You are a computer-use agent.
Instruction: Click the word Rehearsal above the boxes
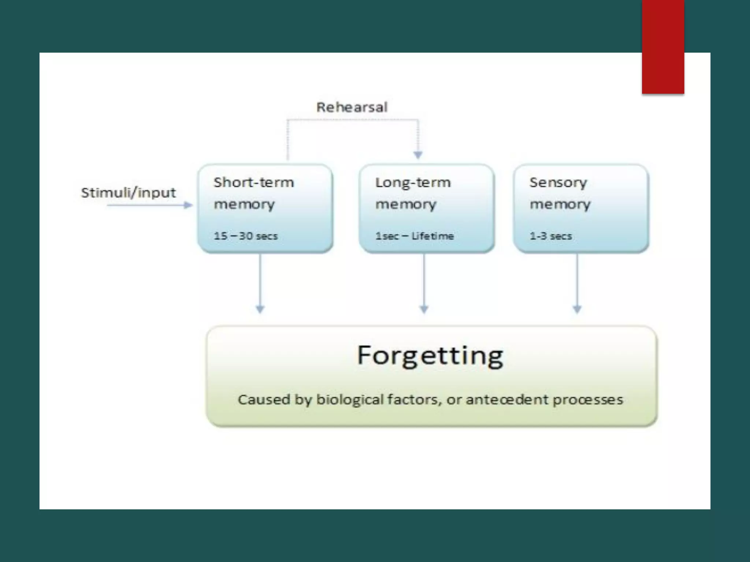(352, 107)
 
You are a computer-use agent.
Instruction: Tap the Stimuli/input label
(128, 192)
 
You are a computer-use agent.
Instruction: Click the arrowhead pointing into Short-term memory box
(188, 205)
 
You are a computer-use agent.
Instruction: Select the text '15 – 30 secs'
(245, 236)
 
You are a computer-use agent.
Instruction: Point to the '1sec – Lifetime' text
(414, 236)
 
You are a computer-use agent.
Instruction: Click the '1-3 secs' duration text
(550, 236)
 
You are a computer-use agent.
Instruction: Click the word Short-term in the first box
(253, 182)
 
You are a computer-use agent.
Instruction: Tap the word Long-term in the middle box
(413, 182)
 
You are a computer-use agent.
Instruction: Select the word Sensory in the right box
(558, 182)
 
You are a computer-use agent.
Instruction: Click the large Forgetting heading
(430, 355)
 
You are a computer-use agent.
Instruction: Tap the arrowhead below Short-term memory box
(260, 309)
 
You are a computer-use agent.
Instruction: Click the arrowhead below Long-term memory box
(424, 309)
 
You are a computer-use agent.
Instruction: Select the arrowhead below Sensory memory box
(577, 309)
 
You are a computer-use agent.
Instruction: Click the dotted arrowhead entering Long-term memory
(418, 155)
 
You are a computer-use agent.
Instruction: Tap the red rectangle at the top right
(663, 46)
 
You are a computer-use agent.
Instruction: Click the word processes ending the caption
(588, 400)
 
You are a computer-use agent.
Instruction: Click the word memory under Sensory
(560, 204)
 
